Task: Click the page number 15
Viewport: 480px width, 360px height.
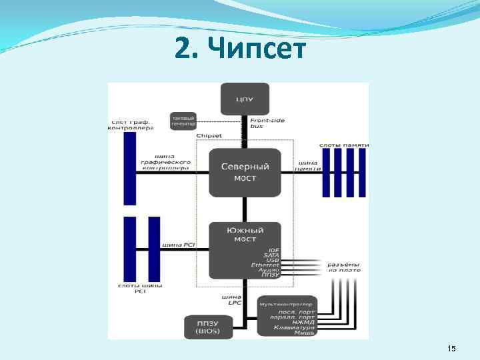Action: (451, 349)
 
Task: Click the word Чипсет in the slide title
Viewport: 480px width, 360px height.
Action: (257, 49)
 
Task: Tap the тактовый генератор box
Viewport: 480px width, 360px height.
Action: (183, 120)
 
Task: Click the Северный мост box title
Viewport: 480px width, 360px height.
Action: (244, 167)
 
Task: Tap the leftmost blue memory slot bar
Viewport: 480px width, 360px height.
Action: (326, 172)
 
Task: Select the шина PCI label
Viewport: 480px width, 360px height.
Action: (180, 245)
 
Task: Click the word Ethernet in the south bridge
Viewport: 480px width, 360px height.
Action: (265, 265)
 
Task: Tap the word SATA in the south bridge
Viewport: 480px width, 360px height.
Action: (271, 255)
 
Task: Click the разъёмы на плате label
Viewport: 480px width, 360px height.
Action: (343, 267)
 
